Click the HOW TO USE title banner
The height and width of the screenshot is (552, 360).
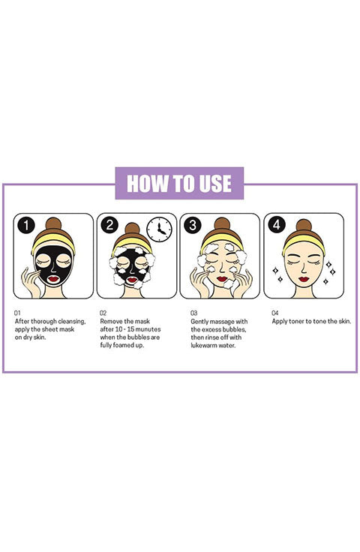click(179, 183)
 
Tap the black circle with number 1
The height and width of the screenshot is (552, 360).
click(26, 225)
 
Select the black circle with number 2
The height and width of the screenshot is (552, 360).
click(109, 225)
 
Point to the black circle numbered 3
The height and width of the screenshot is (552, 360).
click(193, 225)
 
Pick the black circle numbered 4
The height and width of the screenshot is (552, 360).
click(277, 225)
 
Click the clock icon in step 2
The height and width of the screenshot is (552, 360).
click(159, 229)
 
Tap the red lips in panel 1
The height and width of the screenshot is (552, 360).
click(53, 279)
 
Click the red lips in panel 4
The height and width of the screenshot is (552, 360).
click(304, 279)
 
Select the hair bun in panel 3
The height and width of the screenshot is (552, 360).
click(222, 224)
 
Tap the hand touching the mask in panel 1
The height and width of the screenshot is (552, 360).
click(31, 282)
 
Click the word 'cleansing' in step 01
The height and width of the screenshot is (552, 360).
click(72, 322)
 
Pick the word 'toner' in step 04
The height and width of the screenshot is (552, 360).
click(296, 322)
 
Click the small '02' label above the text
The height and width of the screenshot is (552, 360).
click(103, 313)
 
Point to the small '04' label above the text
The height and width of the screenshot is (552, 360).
click(275, 313)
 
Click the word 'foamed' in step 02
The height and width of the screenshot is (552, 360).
click(120, 345)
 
